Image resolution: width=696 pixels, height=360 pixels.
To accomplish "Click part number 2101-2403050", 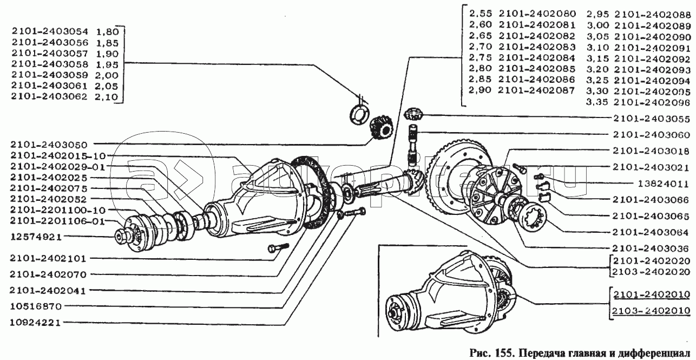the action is (49, 145).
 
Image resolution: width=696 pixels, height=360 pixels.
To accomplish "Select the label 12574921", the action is (36, 237).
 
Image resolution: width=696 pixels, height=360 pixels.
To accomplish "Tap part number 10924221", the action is (35, 323).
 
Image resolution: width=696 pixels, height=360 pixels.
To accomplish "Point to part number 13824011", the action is (664, 184).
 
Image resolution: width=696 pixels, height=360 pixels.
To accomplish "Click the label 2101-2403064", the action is (651, 232).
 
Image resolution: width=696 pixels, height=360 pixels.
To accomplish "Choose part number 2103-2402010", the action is (651, 311).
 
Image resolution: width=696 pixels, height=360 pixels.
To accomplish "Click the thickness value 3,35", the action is (597, 102).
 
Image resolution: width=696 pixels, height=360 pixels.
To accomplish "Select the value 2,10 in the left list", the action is (107, 97).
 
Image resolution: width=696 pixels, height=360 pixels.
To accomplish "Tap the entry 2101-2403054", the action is (50, 31).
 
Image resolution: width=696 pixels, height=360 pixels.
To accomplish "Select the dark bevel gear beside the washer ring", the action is (382, 128).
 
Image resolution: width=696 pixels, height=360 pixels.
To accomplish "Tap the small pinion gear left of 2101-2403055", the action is (413, 114).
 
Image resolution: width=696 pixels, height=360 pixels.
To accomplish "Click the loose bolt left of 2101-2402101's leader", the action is (278, 248).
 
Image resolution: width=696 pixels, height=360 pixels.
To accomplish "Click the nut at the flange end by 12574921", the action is (120, 236).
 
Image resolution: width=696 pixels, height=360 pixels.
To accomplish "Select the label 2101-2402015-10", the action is (58, 155).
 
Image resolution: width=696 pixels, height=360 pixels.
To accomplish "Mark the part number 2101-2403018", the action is (651, 151).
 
